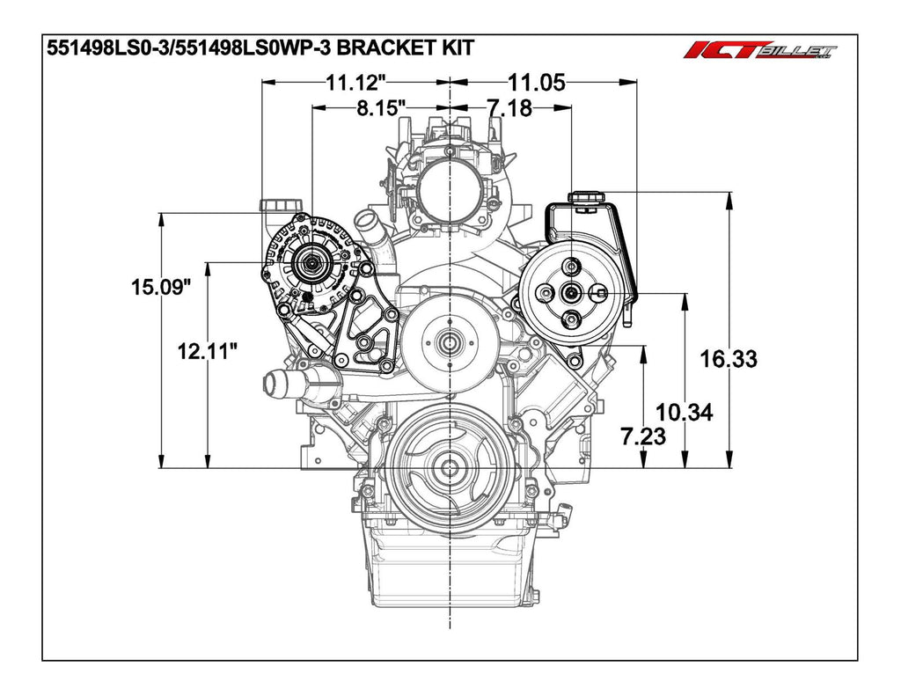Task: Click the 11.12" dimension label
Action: [x=355, y=84]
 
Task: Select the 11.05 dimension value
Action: [x=537, y=84]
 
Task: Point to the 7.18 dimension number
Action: [x=509, y=107]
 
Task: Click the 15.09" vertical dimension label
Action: [x=160, y=287]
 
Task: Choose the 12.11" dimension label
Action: [x=207, y=350]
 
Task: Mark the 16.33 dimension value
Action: [x=728, y=359]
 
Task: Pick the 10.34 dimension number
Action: [x=685, y=412]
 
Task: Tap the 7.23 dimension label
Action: [x=643, y=436]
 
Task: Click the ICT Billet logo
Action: [x=759, y=50]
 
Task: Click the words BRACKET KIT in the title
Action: [x=405, y=48]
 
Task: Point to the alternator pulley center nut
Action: [x=311, y=263]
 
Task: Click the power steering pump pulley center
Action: [x=572, y=292]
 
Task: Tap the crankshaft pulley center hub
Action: [x=450, y=467]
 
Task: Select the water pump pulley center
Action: [x=449, y=344]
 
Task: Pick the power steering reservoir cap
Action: [x=587, y=197]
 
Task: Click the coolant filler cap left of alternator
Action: [x=281, y=205]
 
